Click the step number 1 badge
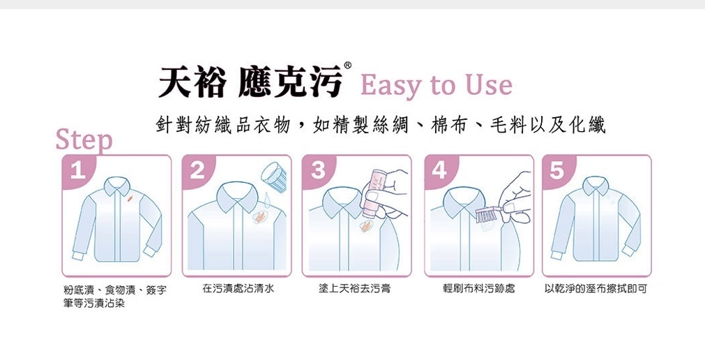tap(77, 170)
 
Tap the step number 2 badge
tap(197, 170)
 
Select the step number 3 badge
tap(317, 170)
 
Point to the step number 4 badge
tap(439, 170)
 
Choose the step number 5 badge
tap(556, 170)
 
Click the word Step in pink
tap(84, 140)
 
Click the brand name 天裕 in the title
tap(192, 82)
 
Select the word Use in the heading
tap(490, 84)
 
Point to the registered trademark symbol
tap(347, 66)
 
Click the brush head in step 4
tap(487, 215)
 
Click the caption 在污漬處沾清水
tap(238, 288)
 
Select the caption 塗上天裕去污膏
tap(355, 288)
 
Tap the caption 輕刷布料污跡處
tap(479, 288)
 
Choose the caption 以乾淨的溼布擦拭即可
tap(596, 288)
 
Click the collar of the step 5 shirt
tap(596, 185)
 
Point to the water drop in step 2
tap(266, 198)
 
